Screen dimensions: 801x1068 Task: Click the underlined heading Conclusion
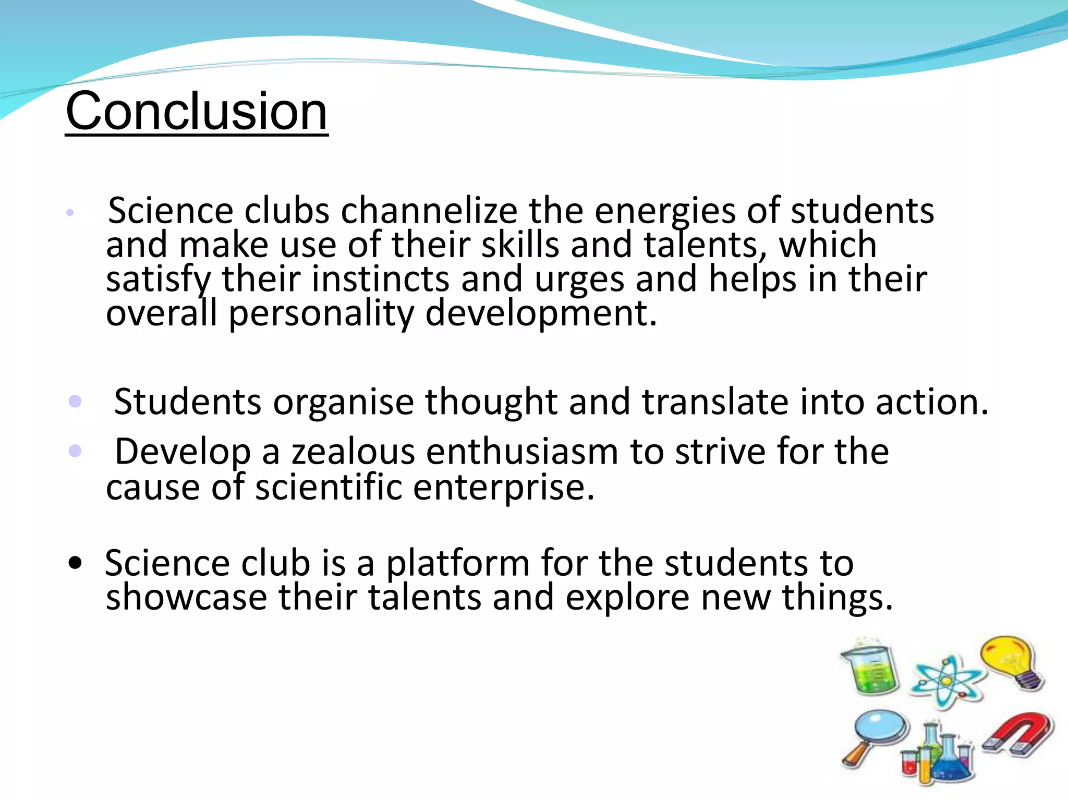[x=197, y=111]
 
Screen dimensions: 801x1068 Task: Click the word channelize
[x=429, y=211]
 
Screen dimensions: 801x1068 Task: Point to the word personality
[x=321, y=313]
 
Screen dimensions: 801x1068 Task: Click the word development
[x=541, y=313]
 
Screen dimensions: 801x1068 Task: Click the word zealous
[x=353, y=452]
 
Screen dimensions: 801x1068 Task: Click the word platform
[x=458, y=563]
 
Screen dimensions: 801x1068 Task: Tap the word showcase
[x=186, y=597]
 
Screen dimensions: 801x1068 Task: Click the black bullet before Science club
[x=75, y=563]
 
